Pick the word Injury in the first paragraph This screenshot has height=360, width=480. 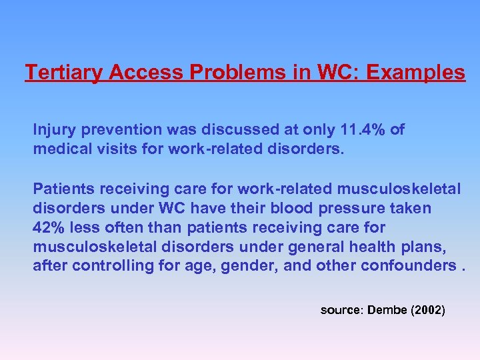point(52,129)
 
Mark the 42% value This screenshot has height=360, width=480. point(47,228)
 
